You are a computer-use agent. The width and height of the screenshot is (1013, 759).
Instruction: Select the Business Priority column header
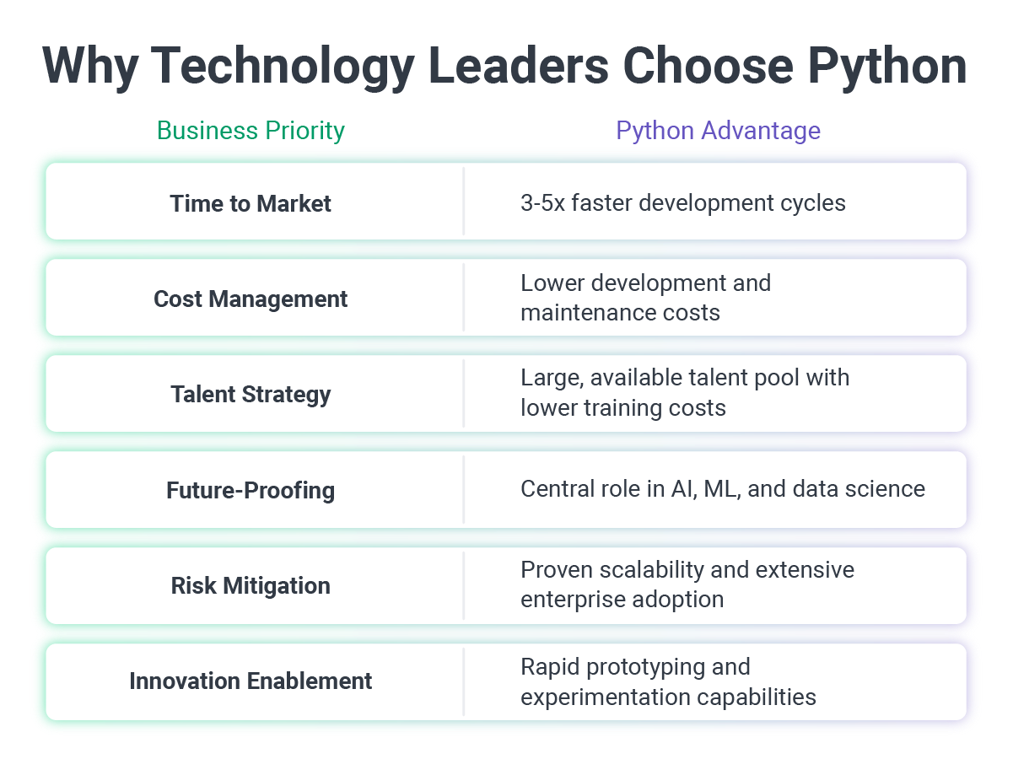(x=251, y=131)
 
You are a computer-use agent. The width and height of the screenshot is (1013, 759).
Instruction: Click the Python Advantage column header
(x=718, y=131)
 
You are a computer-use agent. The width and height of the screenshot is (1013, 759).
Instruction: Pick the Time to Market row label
(x=251, y=203)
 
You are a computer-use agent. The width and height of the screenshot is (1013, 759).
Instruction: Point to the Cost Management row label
(x=251, y=299)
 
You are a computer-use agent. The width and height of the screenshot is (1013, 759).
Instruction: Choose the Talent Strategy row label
(x=251, y=395)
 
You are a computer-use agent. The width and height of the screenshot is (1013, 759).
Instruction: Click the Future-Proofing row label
(x=251, y=490)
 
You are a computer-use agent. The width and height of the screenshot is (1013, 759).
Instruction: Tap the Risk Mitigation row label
(x=251, y=585)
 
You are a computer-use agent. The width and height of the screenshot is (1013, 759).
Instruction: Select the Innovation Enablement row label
(x=251, y=681)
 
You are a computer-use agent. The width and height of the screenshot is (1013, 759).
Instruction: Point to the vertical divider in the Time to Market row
(x=464, y=202)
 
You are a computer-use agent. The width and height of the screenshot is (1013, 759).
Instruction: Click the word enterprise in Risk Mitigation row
(x=574, y=600)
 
